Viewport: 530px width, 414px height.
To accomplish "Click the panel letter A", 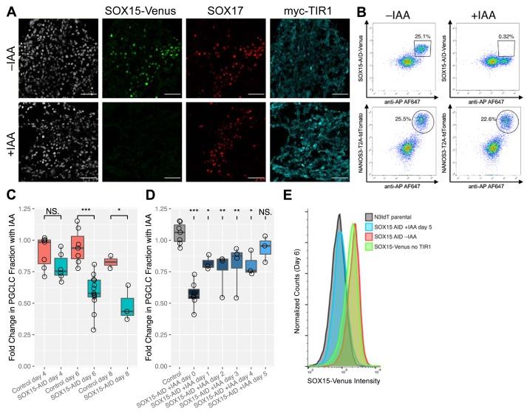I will pos(6,7).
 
